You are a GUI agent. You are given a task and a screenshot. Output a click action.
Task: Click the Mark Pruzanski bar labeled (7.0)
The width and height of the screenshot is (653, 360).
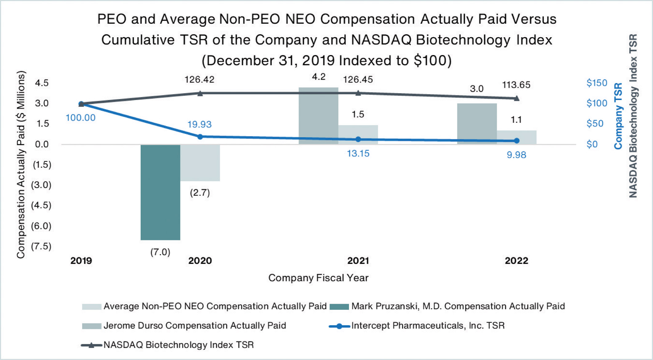(160, 192)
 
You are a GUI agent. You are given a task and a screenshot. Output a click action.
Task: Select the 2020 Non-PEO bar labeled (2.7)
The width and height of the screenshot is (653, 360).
(200, 163)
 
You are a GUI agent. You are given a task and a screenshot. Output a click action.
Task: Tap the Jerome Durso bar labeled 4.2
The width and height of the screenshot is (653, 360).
(318, 116)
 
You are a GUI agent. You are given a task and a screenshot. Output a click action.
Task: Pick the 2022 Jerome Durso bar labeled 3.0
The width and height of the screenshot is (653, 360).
(477, 124)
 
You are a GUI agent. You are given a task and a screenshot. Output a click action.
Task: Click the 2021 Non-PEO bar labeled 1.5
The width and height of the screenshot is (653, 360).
(358, 134)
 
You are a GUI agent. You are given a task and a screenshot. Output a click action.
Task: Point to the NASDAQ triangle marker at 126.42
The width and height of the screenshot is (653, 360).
(200, 93)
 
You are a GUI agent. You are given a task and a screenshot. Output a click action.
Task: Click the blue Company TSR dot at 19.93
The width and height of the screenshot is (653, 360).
(200, 137)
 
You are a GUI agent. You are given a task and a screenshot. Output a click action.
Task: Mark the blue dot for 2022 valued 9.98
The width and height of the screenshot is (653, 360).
(517, 141)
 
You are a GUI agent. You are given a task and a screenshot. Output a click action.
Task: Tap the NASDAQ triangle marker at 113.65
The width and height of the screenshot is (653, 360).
(517, 98)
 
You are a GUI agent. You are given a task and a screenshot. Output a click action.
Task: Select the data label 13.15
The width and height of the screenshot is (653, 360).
(358, 153)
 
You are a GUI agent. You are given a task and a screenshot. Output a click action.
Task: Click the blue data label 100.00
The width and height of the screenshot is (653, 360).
(81, 118)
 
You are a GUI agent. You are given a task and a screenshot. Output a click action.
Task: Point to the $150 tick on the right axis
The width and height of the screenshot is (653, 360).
(597, 83)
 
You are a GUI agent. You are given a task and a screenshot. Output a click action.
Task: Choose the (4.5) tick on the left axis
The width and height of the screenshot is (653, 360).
(41, 205)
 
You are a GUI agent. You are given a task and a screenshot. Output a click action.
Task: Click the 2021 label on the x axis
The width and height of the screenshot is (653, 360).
(358, 261)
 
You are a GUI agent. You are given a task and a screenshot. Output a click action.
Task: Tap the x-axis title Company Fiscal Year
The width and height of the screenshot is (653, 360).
(318, 278)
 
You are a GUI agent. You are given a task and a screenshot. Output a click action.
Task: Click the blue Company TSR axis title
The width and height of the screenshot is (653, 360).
(618, 116)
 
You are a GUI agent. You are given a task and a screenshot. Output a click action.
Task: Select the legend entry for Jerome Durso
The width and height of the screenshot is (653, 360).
(194, 326)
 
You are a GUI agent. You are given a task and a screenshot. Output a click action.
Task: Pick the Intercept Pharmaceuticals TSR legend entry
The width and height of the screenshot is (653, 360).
(428, 326)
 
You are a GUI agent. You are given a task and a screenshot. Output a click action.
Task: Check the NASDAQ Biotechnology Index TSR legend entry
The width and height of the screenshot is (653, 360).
(178, 345)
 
